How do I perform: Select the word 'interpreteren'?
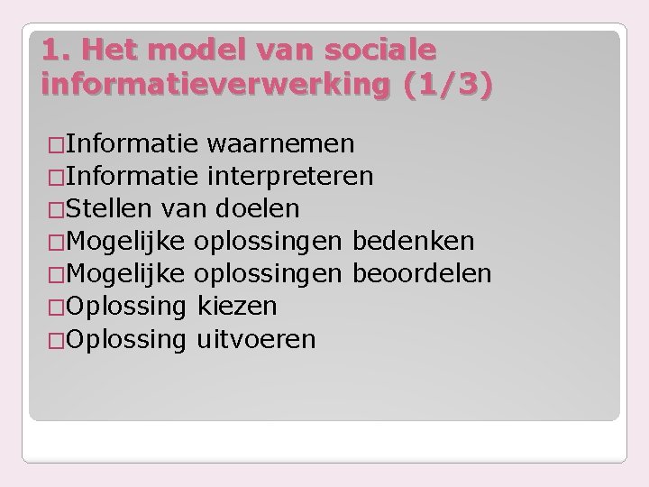(289, 175)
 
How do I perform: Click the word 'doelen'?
(258, 208)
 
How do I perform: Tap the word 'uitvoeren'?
(255, 339)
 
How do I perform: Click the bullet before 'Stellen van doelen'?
(55, 209)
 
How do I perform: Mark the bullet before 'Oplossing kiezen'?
(55, 308)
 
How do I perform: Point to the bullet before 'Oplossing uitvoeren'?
(55, 340)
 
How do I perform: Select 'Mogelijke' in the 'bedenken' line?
(126, 241)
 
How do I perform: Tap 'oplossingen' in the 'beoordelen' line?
(270, 273)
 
